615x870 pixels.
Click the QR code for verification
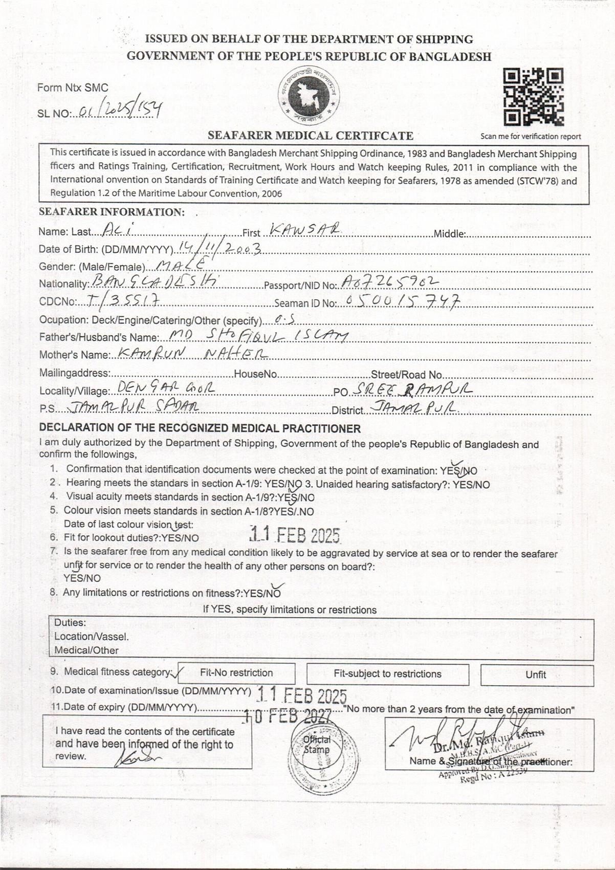point(534,97)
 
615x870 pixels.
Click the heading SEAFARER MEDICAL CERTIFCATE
point(311,136)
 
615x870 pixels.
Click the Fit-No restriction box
point(236,673)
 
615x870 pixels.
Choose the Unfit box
point(536,675)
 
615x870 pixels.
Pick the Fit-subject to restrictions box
point(387,674)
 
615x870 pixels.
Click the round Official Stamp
point(317,745)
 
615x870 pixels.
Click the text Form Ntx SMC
point(73,88)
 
